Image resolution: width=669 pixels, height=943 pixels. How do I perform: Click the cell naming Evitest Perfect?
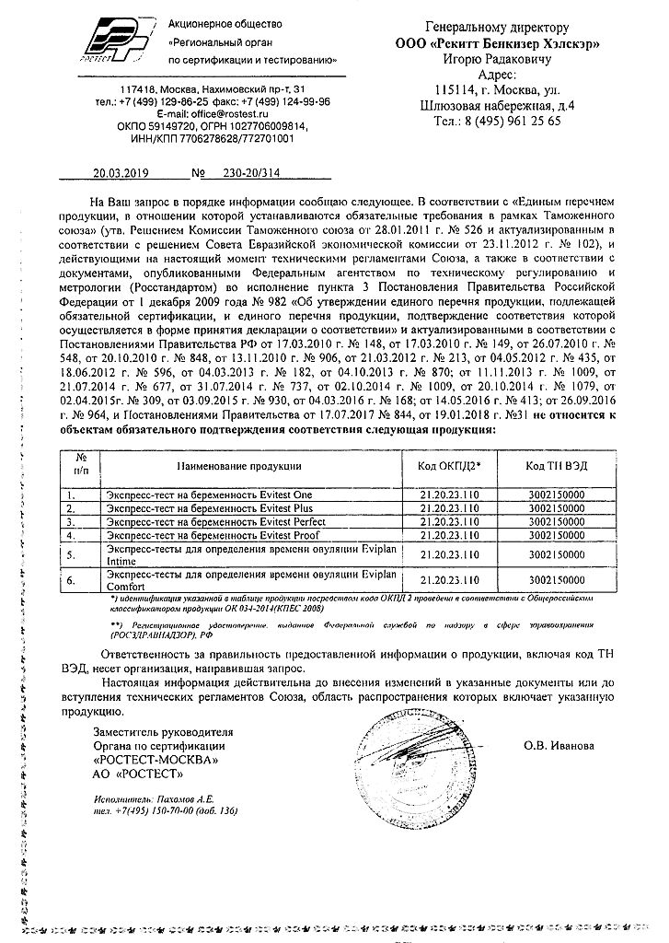click(224, 520)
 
